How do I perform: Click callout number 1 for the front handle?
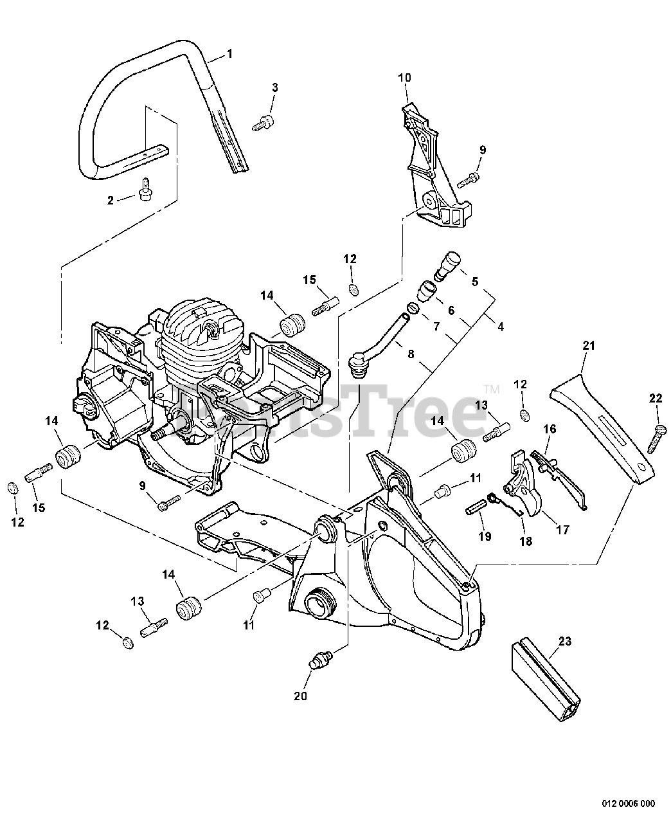click(x=229, y=54)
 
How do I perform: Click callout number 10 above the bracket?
click(x=404, y=78)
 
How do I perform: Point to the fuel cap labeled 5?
click(x=447, y=264)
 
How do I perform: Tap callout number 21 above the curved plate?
click(x=588, y=346)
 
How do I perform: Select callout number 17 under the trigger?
click(x=563, y=530)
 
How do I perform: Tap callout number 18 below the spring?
click(x=526, y=541)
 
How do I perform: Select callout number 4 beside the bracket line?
click(x=500, y=327)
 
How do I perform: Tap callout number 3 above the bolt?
click(x=274, y=87)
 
